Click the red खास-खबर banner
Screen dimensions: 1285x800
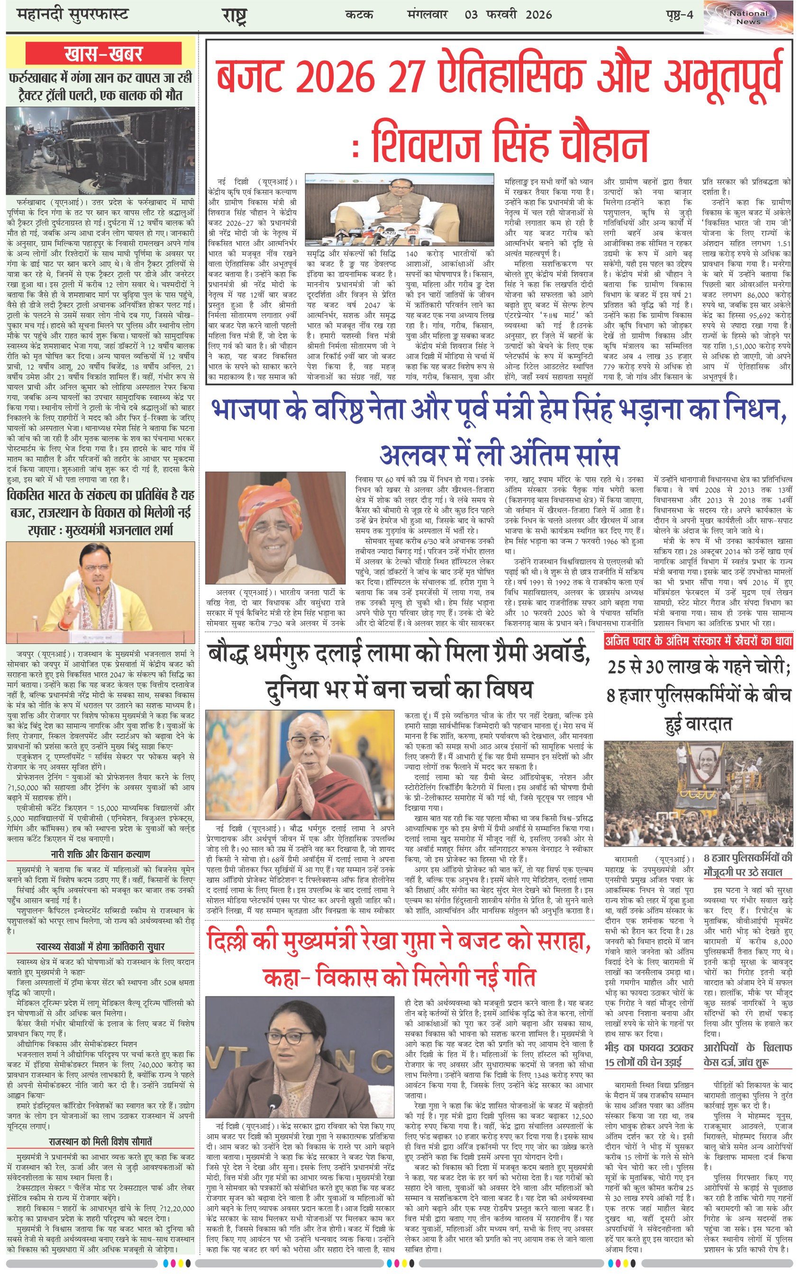coord(103,54)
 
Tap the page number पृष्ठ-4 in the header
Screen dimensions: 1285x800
coord(679,15)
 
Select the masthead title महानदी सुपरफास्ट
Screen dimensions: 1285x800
coord(73,15)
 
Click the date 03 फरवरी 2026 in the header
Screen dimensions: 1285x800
coord(508,15)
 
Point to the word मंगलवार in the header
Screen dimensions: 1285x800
coord(427,15)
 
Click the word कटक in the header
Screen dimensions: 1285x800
coord(359,15)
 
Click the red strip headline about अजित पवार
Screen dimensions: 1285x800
coord(699,642)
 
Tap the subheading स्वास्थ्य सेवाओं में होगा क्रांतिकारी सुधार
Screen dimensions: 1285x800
coord(100,946)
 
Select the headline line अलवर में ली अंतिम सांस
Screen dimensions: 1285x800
coord(499,454)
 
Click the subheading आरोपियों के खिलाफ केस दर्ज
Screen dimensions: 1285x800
coord(747,1055)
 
